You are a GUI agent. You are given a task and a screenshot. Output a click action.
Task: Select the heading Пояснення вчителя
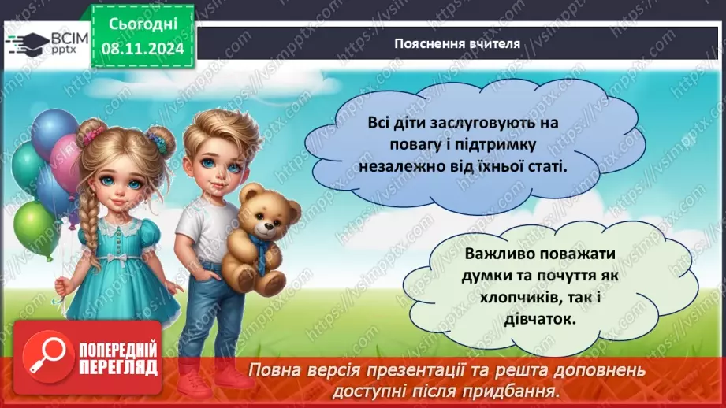coord(457,43)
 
